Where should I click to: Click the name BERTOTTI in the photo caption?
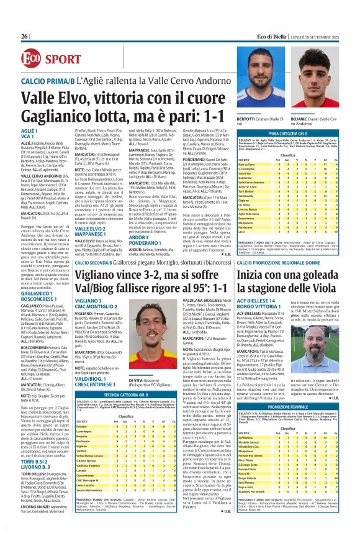(246, 117)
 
